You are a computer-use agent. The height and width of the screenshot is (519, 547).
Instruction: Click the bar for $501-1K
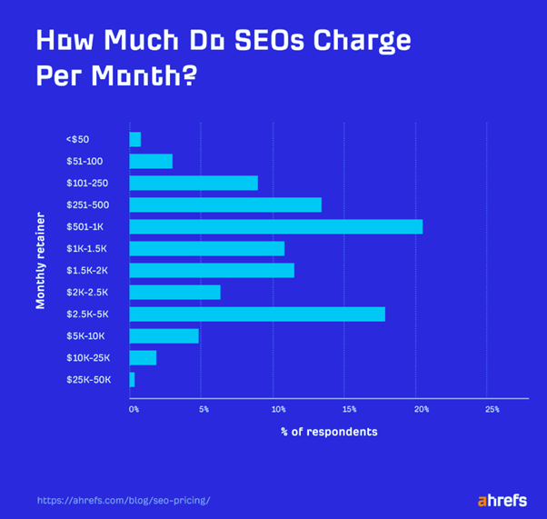(275, 226)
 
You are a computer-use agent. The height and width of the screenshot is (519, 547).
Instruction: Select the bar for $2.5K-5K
(257, 314)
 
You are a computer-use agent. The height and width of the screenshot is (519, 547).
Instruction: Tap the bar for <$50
(135, 139)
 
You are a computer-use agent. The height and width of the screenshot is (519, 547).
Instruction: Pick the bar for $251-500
(225, 205)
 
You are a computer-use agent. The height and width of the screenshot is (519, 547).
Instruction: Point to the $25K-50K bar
(133, 379)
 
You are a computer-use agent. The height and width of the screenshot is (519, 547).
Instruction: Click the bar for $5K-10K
(164, 335)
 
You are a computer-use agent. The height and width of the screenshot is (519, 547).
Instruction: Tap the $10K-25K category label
(87, 357)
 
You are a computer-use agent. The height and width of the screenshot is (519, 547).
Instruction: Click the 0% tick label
(134, 410)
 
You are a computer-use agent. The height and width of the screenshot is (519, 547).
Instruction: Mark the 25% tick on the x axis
(492, 410)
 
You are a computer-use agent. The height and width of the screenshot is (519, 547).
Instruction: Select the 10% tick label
(278, 410)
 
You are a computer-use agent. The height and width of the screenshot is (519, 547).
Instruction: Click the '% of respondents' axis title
(328, 432)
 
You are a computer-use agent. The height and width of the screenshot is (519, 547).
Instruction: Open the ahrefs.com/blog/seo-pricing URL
(124, 500)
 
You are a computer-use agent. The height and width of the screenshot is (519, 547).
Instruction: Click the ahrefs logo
(502, 500)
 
